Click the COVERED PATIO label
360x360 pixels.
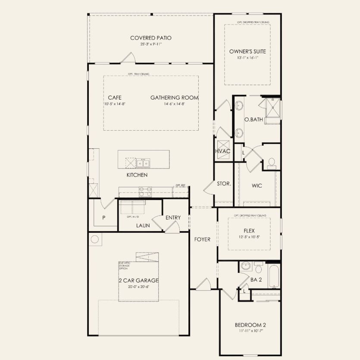(151, 38)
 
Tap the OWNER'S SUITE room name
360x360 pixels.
(247, 51)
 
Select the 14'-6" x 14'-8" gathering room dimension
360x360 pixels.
(174, 104)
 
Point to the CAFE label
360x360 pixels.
(114, 97)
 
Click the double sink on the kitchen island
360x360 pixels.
(143, 163)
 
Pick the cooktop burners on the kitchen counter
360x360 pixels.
(145, 191)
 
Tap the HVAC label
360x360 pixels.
(223, 151)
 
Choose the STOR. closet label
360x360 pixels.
(224, 184)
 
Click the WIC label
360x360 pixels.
(257, 186)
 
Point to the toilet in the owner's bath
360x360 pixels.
(271, 163)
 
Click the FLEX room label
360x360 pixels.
(249, 231)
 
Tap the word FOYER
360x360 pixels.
(202, 239)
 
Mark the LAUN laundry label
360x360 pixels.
(143, 225)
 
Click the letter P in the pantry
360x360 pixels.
(103, 218)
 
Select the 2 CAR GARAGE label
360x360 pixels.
(138, 280)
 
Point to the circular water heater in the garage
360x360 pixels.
(95, 239)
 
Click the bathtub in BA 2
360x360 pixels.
(274, 275)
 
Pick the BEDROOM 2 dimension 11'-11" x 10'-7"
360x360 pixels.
(250, 331)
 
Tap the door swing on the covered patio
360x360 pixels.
(128, 58)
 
